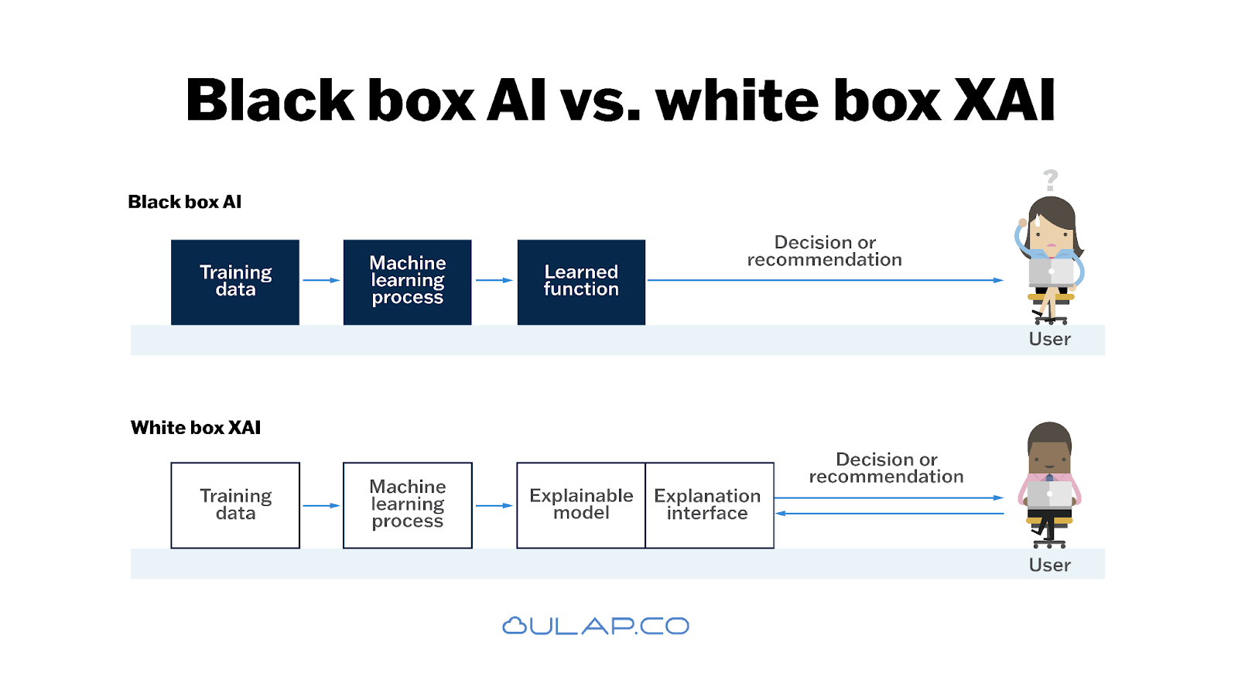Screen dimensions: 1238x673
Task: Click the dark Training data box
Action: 235,282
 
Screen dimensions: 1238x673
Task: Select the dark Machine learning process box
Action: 407,282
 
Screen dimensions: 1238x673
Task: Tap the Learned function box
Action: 581,282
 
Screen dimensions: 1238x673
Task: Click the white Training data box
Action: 235,505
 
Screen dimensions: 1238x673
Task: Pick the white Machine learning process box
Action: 407,505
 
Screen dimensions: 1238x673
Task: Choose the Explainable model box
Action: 581,505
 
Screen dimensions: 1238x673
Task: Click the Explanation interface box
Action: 709,505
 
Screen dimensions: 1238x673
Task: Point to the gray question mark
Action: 1050,180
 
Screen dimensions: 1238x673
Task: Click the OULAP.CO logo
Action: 595,626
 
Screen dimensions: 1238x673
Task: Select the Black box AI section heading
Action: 184,202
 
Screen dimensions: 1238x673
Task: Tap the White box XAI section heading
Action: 196,428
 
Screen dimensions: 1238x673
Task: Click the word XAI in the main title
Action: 1004,101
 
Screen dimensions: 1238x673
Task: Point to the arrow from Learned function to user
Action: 824,280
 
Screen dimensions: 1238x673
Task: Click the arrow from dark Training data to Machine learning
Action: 321,280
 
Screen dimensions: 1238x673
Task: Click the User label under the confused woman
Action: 1049,339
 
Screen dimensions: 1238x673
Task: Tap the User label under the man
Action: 1049,565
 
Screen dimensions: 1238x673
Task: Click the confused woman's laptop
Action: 1051,272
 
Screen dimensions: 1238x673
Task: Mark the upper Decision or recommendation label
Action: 824,251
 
